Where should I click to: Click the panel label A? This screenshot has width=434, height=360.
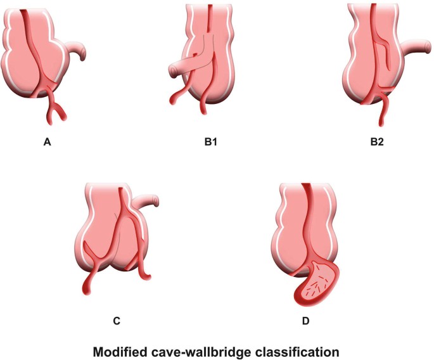[47, 143]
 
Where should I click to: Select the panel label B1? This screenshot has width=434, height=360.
[211, 143]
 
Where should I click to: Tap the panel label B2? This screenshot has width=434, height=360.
[378, 143]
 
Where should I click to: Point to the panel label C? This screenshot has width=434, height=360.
[117, 321]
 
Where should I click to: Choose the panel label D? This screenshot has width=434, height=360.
[306, 321]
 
